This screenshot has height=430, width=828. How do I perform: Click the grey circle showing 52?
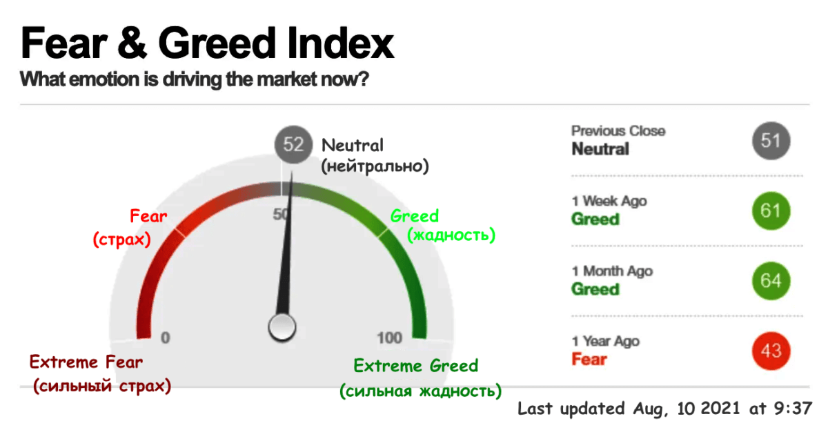pyautogui.click(x=293, y=144)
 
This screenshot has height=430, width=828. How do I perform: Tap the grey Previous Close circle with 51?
pyautogui.click(x=771, y=141)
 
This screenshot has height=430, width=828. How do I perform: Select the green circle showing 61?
pyautogui.click(x=771, y=211)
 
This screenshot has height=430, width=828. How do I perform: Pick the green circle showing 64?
pyautogui.click(x=771, y=281)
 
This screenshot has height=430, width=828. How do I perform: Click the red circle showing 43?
pyautogui.click(x=771, y=351)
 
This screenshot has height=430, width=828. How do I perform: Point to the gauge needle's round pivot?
pyautogui.click(x=282, y=327)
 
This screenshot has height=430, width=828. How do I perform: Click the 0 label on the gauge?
pyautogui.click(x=165, y=338)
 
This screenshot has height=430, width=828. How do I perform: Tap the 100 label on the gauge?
pyautogui.click(x=390, y=338)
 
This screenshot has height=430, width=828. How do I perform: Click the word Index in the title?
pyautogui.click(x=340, y=43)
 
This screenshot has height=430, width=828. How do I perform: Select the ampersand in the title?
pyautogui.click(x=132, y=43)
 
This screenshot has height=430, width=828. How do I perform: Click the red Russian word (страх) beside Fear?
pyautogui.click(x=121, y=240)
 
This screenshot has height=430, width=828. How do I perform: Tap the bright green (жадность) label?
pyautogui.click(x=451, y=235)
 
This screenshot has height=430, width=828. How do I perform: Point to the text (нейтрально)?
pyautogui.click(x=375, y=166)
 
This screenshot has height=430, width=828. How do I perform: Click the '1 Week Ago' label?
pyautogui.click(x=609, y=201)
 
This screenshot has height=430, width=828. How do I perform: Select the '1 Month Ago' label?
pyautogui.click(x=612, y=271)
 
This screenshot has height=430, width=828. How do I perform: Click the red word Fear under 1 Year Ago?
pyautogui.click(x=589, y=359)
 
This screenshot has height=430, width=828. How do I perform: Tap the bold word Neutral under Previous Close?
pyautogui.click(x=600, y=149)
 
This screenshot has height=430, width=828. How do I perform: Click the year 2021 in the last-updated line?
pyautogui.click(x=720, y=408)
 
